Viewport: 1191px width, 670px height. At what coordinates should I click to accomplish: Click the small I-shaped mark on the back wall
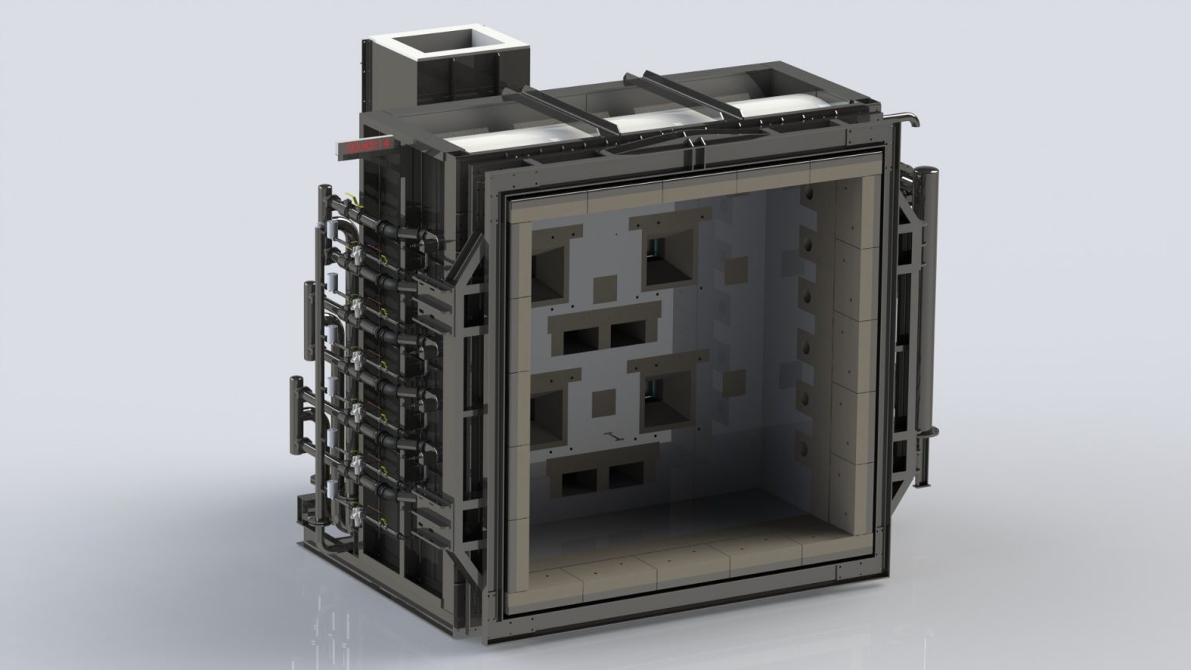coord(613,437)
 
